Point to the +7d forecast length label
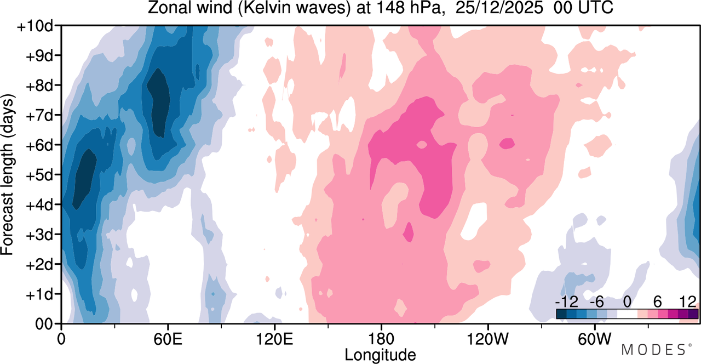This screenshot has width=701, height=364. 39,116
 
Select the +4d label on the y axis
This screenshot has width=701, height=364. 39,205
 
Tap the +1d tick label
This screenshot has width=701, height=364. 39,294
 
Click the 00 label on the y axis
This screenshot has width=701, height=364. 44,324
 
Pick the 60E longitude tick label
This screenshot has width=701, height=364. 168,339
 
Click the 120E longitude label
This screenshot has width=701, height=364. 274,339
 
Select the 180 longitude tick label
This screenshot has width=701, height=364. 381,339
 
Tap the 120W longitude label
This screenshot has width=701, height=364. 488,339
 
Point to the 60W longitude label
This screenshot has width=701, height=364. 595,339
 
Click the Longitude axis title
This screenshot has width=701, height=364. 380,355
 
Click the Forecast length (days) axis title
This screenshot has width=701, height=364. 8,175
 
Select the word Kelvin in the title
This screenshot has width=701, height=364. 263,8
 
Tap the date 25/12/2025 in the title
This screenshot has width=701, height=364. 499,8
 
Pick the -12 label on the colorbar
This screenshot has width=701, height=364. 566,302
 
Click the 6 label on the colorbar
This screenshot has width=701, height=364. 658,302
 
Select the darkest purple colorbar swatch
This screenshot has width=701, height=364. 693,314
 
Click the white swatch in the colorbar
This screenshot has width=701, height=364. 627,314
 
